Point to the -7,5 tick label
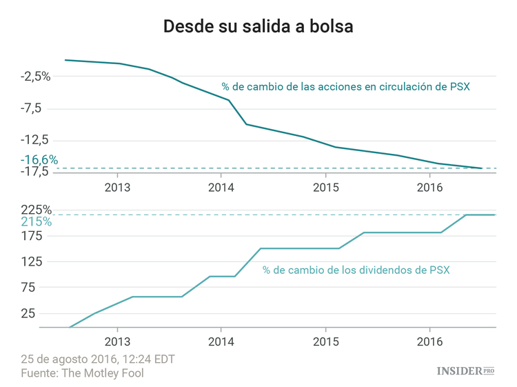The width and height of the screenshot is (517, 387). (x=39, y=108)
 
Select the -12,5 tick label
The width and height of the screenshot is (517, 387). (x=36, y=140)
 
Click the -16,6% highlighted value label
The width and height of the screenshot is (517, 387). (x=39, y=160)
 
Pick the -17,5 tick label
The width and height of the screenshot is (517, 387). (x=36, y=171)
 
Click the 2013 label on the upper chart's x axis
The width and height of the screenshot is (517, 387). (x=117, y=187)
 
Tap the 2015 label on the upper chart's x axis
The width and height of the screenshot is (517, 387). (x=325, y=187)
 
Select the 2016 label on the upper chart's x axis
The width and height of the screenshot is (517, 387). (x=429, y=187)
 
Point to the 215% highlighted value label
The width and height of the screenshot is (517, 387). (x=36, y=222)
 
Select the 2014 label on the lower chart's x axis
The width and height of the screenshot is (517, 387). (x=221, y=341)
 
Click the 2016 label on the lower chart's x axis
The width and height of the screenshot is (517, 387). (x=429, y=341)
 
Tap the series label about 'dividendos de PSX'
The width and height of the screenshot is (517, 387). (x=356, y=270)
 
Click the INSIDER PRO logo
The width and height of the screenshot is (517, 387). (x=466, y=371)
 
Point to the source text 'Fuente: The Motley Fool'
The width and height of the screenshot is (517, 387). (x=82, y=373)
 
